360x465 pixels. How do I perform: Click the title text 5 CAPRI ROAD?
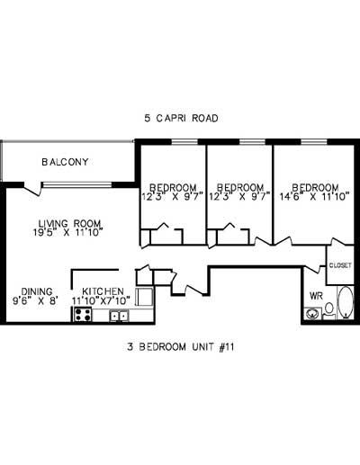click(x=182, y=118)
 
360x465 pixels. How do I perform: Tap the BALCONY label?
click(x=65, y=162)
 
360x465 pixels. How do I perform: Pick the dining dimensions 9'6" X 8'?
click(x=34, y=300)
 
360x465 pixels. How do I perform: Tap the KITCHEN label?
click(x=103, y=291)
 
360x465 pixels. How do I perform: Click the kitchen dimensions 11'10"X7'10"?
click(x=106, y=301)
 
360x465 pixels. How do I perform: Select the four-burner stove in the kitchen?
click(x=82, y=315)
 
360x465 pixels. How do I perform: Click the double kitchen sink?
click(x=119, y=315)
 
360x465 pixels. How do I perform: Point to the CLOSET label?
click(x=339, y=265)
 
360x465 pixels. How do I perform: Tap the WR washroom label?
click(x=316, y=295)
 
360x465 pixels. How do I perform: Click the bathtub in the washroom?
click(x=346, y=303)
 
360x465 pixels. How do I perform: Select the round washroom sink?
click(x=312, y=314)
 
